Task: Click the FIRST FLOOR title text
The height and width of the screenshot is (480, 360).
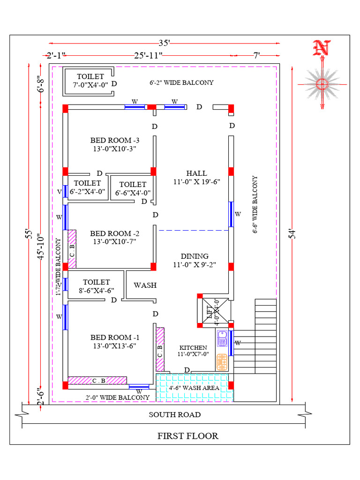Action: tap(187, 436)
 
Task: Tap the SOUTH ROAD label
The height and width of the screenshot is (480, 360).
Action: tap(175, 414)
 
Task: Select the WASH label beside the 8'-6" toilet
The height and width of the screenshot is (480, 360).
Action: tap(145, 285)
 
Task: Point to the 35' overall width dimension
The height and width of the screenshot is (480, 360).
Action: tap(164, 43)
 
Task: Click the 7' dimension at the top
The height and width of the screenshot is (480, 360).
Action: tap(257, 56)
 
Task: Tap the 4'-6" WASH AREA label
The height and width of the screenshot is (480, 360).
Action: tap(194, 388)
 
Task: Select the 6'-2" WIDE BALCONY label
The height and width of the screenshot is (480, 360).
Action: tap(181, 82)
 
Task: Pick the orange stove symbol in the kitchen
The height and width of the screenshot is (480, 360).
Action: tap(222, 361)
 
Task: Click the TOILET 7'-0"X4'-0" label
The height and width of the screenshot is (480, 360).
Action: tap(90, 80)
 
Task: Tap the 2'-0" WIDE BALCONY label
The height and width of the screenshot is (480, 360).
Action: tap(117, 397)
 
